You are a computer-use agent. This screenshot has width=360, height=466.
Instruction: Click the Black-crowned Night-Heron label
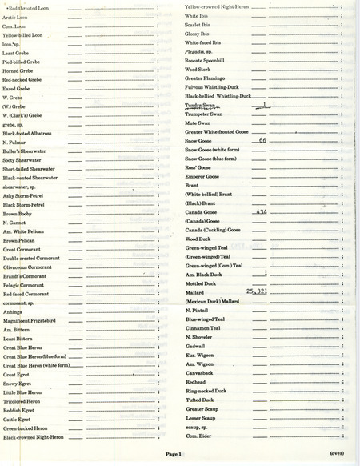point(35,437)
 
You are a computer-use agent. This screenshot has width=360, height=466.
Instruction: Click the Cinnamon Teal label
point(202,328)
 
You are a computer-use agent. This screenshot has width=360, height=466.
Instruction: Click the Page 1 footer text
point(174,454)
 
